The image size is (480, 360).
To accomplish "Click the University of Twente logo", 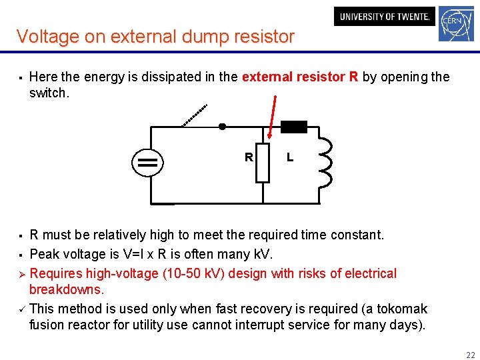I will tap(384, 17).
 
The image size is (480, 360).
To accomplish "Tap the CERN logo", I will tap(456, 25).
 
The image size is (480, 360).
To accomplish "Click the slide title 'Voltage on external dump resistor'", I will tap(155, 36).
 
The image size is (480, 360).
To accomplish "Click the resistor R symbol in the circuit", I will tap(263, 163).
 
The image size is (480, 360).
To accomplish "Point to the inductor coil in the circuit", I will tap(325, 163).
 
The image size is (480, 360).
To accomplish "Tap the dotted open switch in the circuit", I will tap(195, 115).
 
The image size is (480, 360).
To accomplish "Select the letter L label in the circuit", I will tap(290, 158).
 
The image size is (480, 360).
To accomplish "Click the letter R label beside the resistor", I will tap(248, 158).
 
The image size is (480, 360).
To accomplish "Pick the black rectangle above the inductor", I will tap(293, 127).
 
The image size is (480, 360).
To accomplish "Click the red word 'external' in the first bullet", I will tap(267, 77).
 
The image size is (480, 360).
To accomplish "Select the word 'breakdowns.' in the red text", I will tap(67, 290).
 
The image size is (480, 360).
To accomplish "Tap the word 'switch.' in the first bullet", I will tap(49, 93).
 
